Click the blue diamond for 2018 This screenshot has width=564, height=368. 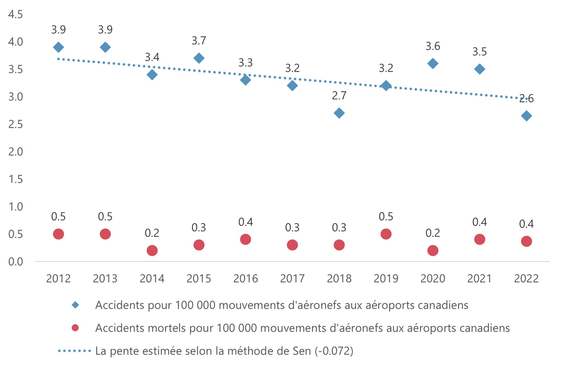(339, 113)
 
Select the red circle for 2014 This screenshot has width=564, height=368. (152, 251)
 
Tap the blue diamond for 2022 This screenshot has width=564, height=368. (526, 116)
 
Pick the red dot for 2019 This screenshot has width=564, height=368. (386, 234)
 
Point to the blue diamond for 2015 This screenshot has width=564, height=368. (199, 58)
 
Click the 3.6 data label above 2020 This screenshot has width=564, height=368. (432, 46)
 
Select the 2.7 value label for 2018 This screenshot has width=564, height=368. (339, 96)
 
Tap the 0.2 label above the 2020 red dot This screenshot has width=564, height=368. (432, 233)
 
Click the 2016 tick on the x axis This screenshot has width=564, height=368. (245, 279)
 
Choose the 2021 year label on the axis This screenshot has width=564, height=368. (479, 279)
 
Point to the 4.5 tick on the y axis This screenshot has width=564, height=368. (15, 14)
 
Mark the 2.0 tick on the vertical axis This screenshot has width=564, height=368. (15, 152)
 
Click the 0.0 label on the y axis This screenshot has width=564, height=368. (15, 262)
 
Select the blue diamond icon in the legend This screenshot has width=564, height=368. (75, 305)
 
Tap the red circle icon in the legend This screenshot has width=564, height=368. (75, 328)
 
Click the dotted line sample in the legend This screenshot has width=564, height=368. (74, 351)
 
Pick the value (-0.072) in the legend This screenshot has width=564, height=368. (334, 351)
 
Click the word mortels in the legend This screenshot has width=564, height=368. (167, 328)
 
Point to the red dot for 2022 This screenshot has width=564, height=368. (526, 241)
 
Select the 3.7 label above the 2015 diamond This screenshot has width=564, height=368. (199, 41)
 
